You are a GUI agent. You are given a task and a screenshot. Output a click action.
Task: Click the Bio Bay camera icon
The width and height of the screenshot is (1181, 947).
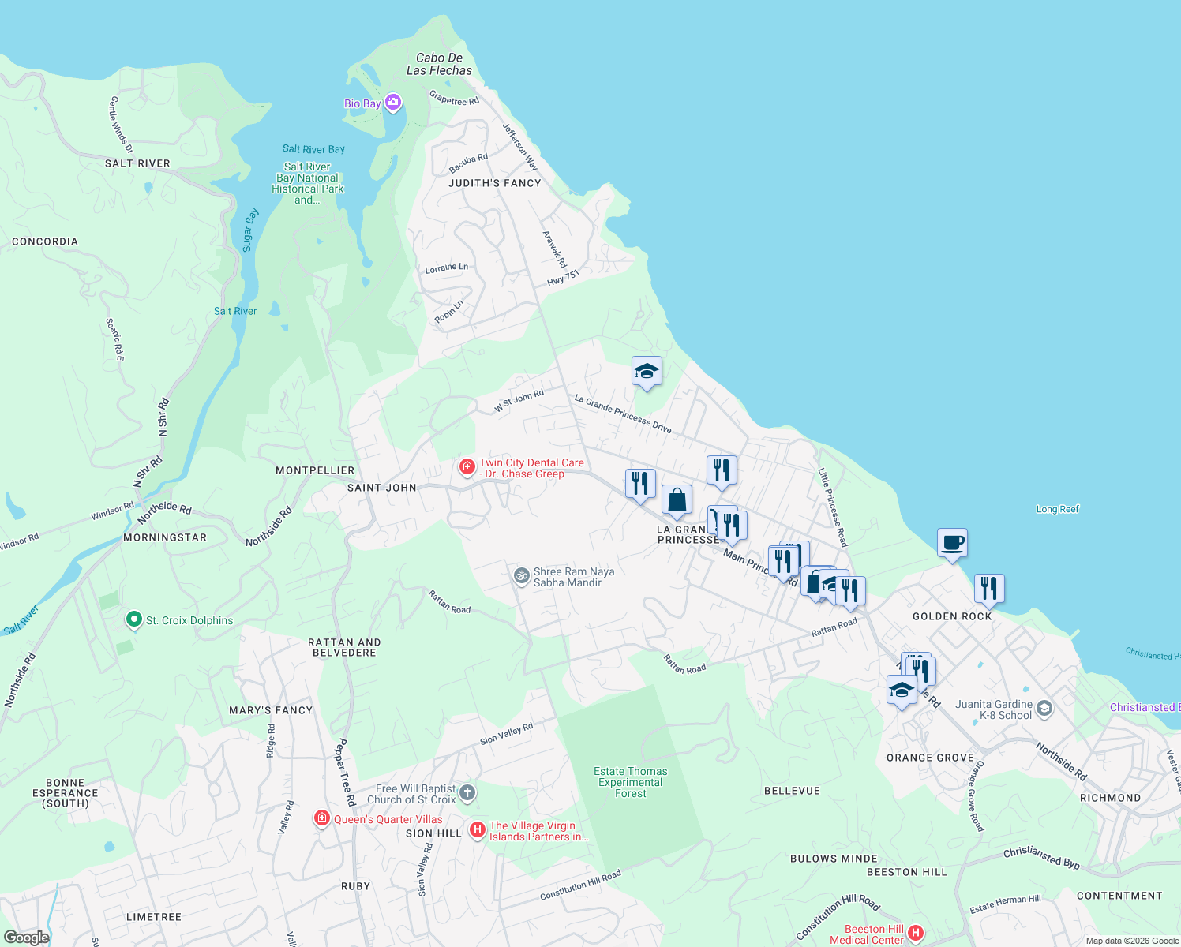[393, 103]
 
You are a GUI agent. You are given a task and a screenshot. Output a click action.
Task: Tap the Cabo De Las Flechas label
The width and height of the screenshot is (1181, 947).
[439, 64]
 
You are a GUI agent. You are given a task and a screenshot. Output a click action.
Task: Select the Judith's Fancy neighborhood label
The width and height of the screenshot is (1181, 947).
[495, 183]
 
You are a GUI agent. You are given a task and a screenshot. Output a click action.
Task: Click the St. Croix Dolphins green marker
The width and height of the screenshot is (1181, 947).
[133, 620]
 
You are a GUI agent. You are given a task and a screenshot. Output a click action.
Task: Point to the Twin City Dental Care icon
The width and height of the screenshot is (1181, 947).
[467, 467]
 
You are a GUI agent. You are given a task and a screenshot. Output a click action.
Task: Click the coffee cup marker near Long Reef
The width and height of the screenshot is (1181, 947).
[952, 543]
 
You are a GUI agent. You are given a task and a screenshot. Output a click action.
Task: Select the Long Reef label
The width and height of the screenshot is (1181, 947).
[1057, 509]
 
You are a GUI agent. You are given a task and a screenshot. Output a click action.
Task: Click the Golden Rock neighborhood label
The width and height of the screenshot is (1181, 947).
[952, 616]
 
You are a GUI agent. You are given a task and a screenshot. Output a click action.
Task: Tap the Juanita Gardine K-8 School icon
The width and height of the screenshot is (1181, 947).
[1044, 708]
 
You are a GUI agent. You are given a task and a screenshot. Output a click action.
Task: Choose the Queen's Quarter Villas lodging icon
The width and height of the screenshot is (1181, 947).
[321, 818]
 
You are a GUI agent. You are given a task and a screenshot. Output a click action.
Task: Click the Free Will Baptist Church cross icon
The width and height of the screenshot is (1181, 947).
[467, 793]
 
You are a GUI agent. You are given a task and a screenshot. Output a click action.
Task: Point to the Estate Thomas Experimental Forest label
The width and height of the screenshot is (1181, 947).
[630, 782]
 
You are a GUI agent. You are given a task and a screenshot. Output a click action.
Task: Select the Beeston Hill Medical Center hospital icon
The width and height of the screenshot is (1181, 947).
[916, 934]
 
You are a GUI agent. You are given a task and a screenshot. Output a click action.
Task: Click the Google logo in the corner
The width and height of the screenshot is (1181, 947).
[26, 937]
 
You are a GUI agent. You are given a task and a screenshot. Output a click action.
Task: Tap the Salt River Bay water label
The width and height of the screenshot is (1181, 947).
[313, 149]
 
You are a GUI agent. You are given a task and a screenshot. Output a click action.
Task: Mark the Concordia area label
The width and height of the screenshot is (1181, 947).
[45, 241]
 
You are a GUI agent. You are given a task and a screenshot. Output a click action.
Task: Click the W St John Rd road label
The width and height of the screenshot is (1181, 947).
[519, 401]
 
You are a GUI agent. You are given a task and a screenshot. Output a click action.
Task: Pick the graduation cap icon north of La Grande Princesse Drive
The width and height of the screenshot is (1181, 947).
[646, 371]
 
